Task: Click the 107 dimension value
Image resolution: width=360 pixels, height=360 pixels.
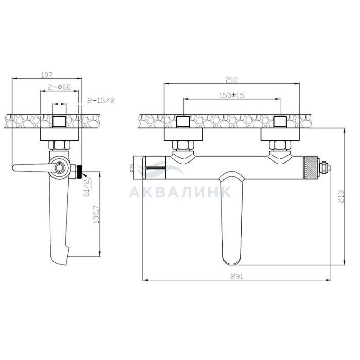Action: tap(47, 75)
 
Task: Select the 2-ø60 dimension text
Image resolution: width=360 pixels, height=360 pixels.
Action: tap(59, 87)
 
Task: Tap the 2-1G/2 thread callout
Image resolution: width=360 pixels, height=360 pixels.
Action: tap(101, 100)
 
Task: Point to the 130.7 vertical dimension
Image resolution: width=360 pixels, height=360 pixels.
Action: tap(96, 214)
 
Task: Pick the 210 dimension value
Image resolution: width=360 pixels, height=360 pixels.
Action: tap(231, 80)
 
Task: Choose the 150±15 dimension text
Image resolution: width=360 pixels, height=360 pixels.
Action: tap(231, 95)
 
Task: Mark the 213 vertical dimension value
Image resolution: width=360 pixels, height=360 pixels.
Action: tap(341, 196)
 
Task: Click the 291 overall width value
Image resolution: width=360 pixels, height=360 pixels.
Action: tap(237, 277)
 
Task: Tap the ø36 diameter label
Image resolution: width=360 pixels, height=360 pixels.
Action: tap(131, 168)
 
